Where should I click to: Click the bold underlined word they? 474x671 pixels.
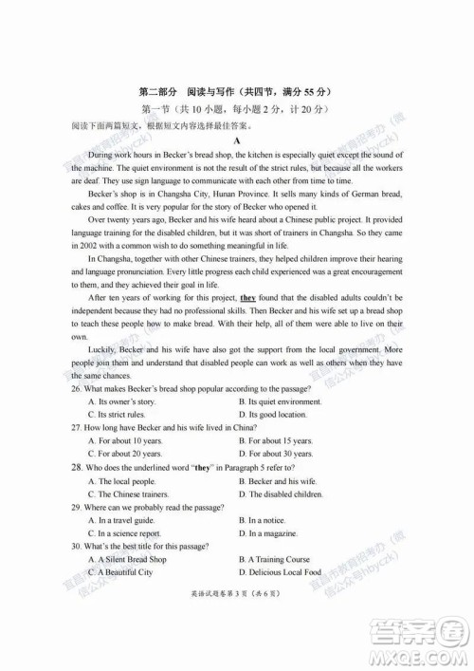point(248,298)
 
